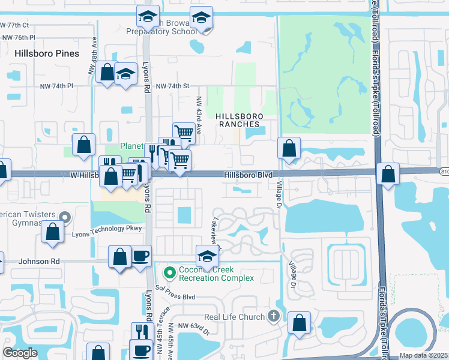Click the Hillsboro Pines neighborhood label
point(47,53)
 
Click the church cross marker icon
point(274,316)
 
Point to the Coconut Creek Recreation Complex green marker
point(170,273)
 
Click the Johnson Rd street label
point(40,261)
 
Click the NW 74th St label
point(173,86)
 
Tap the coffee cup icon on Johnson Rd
point(141,256)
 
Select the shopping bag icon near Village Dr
point(290,149)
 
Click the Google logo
point(19,353)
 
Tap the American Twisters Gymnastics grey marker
point(65,217)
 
